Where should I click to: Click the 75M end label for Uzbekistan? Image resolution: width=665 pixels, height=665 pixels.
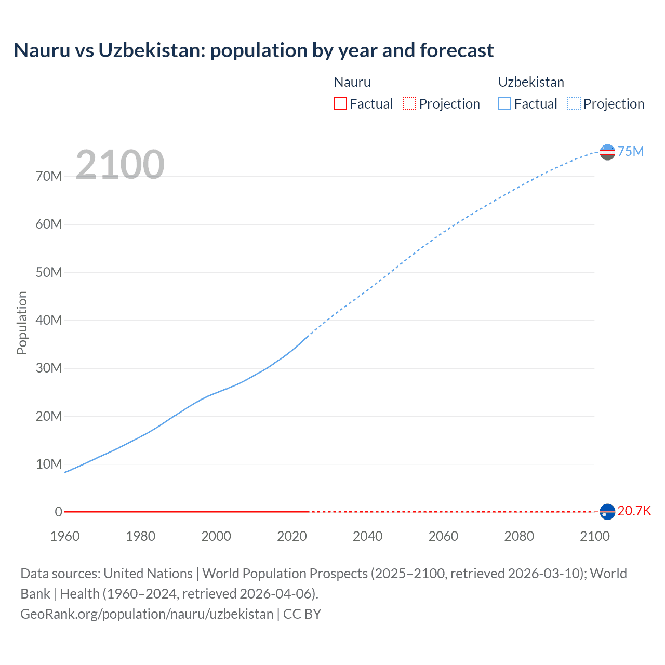[630, 151]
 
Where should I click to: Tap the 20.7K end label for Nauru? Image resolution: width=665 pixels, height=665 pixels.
[634, 511]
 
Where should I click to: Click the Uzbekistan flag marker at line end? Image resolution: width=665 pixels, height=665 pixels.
[607, 152]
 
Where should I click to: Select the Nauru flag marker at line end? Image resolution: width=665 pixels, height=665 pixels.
[607, 512]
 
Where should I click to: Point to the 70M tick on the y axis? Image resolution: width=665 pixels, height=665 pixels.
[49, 176]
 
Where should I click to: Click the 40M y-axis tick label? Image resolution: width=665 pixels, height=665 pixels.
[49, 320]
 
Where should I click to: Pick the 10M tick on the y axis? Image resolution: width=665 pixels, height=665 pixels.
[49, 464]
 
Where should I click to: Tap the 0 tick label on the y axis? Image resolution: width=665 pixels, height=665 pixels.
[58, 512]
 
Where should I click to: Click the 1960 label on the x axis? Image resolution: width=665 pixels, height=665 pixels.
[65, 536]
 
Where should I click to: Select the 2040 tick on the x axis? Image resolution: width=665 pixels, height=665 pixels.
[367, 536]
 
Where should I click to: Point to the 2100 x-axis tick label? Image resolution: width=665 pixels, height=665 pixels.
[594, 536]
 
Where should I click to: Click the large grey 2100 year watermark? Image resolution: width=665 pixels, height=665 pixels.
[120, 165]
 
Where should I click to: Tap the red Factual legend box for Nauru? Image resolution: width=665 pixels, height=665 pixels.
[340, 103]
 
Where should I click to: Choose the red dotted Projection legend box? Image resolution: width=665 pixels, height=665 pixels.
[409, 103]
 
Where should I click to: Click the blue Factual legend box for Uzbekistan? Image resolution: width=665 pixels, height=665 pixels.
[504, 103]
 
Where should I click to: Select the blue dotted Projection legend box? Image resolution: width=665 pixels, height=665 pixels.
[574, 103]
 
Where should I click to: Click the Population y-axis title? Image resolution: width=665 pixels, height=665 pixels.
[22, 323]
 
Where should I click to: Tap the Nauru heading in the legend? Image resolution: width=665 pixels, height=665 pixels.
[352, 82]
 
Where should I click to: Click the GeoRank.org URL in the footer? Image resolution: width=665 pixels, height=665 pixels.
[147, 614]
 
